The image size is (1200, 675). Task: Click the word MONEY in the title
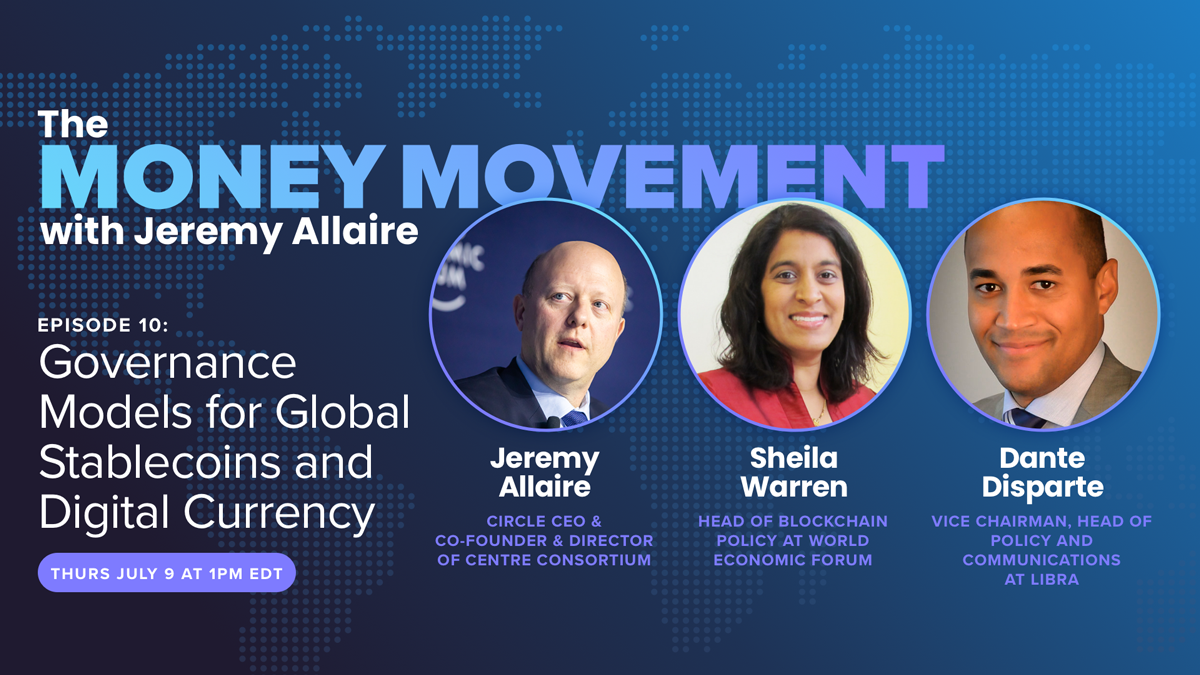tap(213, 177)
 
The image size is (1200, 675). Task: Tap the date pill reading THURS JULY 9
tap(167, 573)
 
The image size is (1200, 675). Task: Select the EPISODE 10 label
tap(103, 325)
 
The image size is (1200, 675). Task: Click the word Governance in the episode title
tap(168, 363)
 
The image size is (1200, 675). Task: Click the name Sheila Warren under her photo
tap(794, 472)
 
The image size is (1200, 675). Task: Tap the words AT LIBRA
tap(1041, 580)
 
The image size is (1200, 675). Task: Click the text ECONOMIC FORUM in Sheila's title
tap(793, 560)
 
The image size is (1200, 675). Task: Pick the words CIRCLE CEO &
tap(544, 521)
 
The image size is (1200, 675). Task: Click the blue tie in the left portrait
tap(574, 418)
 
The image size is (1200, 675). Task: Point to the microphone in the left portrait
tap(552, 423)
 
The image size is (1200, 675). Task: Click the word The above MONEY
tap(73, 124)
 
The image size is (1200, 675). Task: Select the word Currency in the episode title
tap(279, 513)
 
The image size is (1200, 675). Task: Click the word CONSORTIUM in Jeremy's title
tap(594, 560)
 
